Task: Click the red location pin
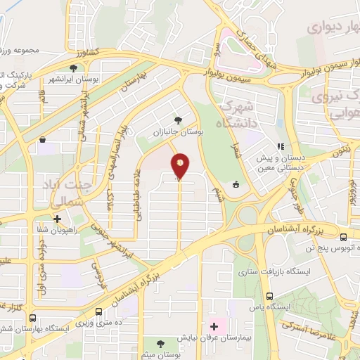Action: (x=180, y=165)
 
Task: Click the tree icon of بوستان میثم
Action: (x=161, y=343)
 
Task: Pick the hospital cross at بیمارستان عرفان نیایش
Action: (x=214, y=327)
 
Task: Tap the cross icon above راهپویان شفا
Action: (x=57, y=219)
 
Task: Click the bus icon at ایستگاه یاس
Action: (x=270, y=297)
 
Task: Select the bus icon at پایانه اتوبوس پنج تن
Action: (x=344, y=237)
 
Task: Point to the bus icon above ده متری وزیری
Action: (x=98, y=310)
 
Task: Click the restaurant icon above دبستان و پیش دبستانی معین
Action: (x=281, y=147)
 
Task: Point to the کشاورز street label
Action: (x=89, y=51)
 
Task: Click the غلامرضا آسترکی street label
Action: (x=309, y=331)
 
